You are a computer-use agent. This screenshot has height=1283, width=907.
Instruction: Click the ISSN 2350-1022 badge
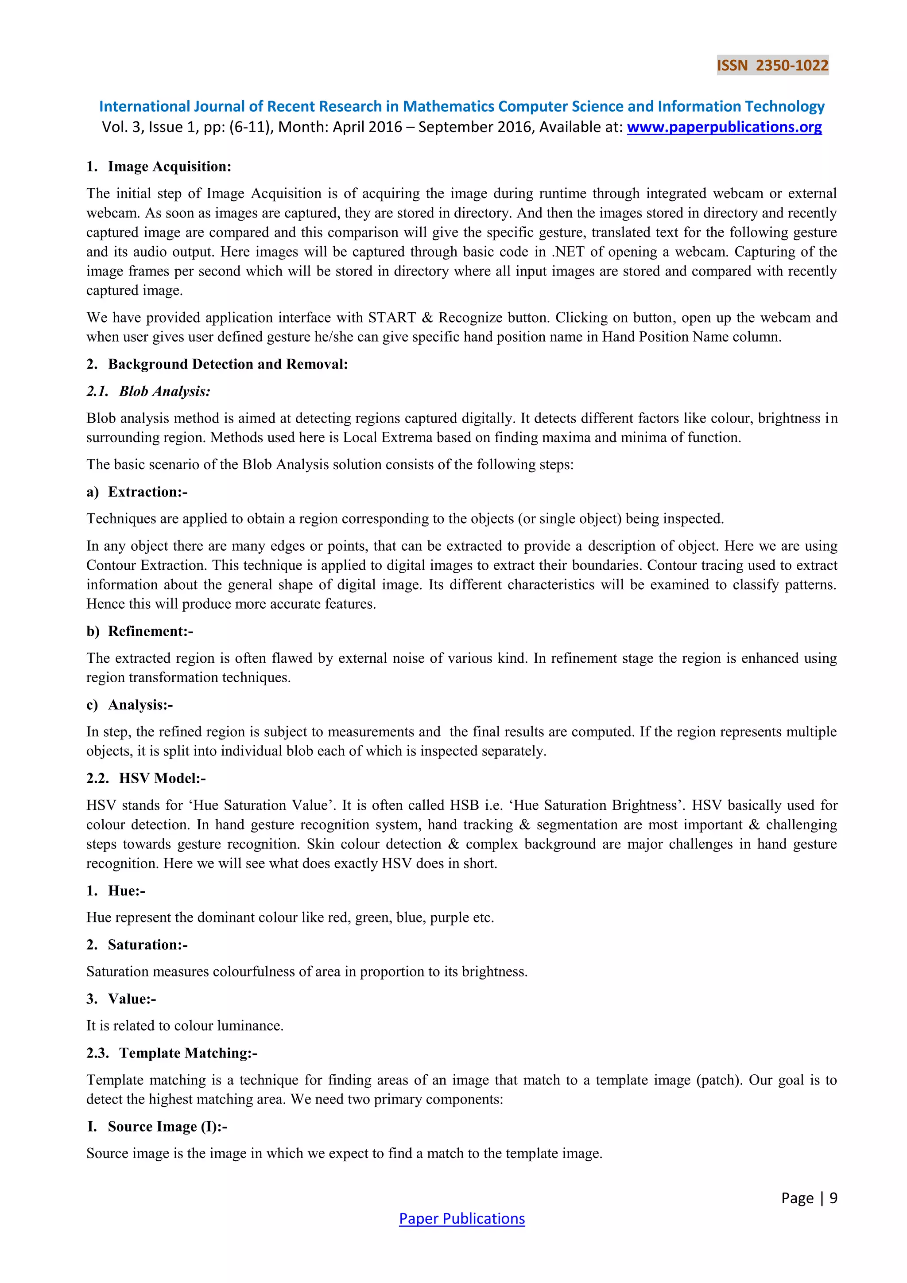(772, 66)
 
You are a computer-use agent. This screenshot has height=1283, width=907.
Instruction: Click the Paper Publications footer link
(462, 1218)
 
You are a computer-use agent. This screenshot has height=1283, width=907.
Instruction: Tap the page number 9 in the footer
(833, 1197)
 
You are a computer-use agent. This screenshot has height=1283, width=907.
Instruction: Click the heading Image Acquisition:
(169, 167)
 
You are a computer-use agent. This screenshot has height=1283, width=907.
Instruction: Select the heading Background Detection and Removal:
(228, 364)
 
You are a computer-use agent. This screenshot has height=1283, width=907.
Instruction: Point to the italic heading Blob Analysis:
(164, 391)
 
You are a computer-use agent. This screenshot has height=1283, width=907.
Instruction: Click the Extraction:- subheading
(147, 492)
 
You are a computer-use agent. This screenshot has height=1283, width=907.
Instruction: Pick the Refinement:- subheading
(150, 631)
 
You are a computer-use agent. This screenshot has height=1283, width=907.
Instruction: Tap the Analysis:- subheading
(140, 705)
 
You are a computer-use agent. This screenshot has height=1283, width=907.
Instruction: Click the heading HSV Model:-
(162, 778)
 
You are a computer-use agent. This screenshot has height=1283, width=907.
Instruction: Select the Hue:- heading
(126, 891)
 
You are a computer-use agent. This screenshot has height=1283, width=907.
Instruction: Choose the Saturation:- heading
(147, 945)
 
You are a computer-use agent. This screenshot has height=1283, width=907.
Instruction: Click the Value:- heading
(132, 999)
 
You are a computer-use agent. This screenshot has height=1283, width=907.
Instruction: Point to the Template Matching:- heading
(188, 1053)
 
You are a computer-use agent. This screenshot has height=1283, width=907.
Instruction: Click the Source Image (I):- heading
(167, 1127)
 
